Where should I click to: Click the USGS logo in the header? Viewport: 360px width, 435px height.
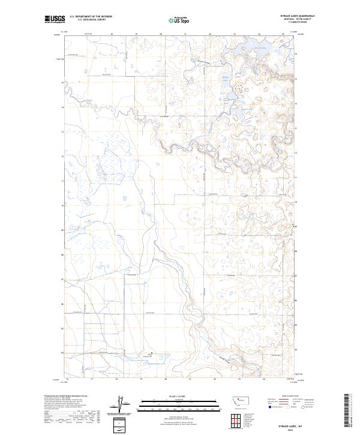point(55,19)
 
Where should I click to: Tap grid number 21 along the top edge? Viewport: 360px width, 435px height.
point(185,34)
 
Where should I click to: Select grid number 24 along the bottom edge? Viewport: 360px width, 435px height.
point(263,379)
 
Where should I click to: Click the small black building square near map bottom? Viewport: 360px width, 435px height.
point(151,354)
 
